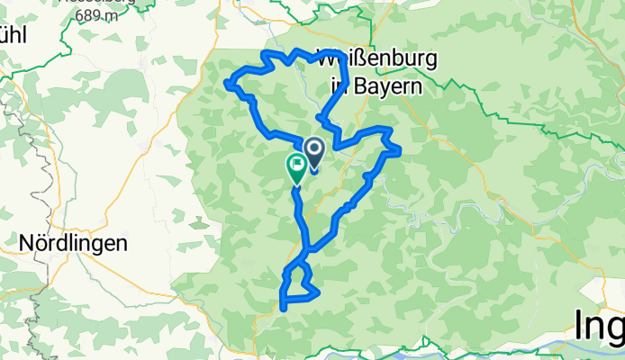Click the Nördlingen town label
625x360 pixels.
[x=73, y=243]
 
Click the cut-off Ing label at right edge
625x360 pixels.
[x=600, y=330]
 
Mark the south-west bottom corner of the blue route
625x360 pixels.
[x=283, y=309]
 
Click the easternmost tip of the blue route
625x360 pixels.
[x=398, y=149]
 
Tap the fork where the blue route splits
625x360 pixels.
[x=309, y=248]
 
